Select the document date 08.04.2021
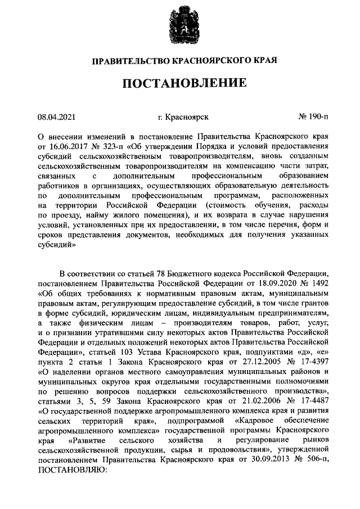(x=56, y=117)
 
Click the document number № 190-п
(x=314, y=117)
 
